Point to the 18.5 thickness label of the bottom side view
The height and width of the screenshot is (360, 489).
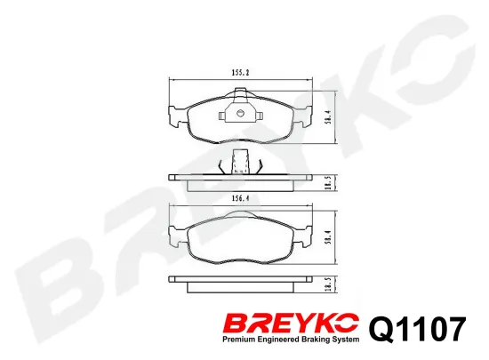331,284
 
